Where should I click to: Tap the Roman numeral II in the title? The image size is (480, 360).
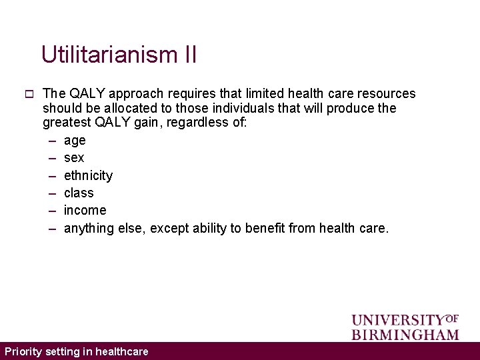coord(189,55)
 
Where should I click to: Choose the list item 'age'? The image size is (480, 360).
coord(75,141)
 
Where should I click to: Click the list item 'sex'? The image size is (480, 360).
coord(74,158)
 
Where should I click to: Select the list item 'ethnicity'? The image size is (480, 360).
coord(88,175)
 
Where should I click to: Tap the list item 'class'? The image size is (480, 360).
coord(79,193)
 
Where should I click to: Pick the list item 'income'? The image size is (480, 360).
coord(85,210)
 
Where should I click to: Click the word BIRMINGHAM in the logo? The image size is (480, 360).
coord(405,334)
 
